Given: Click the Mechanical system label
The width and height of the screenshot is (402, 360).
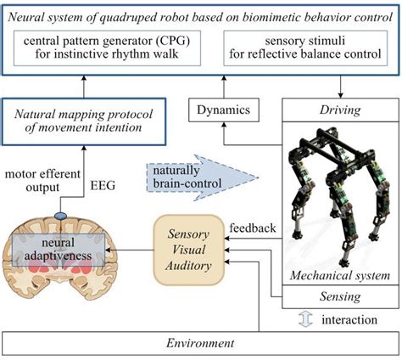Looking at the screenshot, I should pos(339,275).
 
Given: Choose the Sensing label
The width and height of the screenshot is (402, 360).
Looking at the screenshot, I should pos(338,296).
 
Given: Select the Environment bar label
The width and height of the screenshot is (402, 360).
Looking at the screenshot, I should pos(200,343).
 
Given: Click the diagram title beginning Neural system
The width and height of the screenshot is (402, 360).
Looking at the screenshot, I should pos(201,11).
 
